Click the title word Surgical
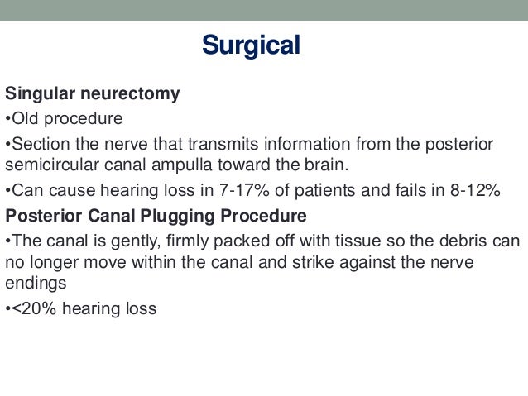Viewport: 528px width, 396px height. (x=251, y=45)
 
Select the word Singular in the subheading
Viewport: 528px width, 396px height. (x=39, y=93)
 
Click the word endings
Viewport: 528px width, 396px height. (x=36, y=282)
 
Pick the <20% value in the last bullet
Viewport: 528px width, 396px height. (x=30, y=309)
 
